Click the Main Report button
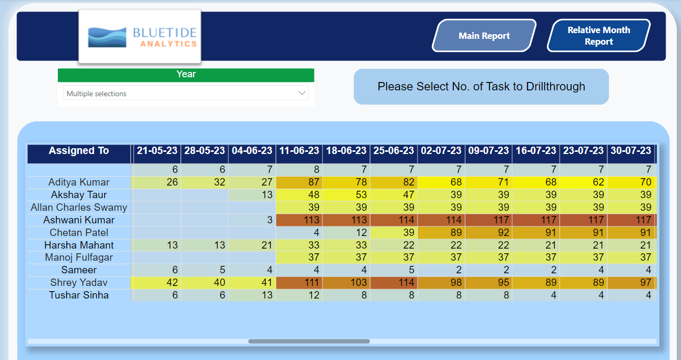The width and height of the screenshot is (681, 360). click(484, 36)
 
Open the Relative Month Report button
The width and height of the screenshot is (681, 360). click(598, 36)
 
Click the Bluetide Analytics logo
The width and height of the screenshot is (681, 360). click(140, 37)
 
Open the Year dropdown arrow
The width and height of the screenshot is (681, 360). click(302, 93)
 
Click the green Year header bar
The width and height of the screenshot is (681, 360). click(186, 75)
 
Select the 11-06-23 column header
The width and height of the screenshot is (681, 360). click(299, 151)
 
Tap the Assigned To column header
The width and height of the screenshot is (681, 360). click(79, 151)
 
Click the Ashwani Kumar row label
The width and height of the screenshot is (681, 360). click(79, 220)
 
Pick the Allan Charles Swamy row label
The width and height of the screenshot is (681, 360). click(79, 207)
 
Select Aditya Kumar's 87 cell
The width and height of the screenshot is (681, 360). click(299, 182)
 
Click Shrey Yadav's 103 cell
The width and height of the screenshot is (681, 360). click(346, 283)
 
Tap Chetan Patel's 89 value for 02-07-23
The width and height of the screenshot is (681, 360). click(441, 232)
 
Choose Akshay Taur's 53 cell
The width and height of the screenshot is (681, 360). click(346, 195)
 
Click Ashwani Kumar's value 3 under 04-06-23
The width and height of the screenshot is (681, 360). click(252, 220)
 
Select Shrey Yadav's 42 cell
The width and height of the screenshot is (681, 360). click(157, 283)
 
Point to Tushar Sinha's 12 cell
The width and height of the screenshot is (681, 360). click(299, 295)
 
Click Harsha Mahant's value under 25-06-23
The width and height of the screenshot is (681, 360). click(394, 245)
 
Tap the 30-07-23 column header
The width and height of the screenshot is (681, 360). click(631, 151)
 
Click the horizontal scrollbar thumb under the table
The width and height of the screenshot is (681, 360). click(309, 341)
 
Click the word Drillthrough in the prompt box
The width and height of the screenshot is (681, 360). click(555, 87)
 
